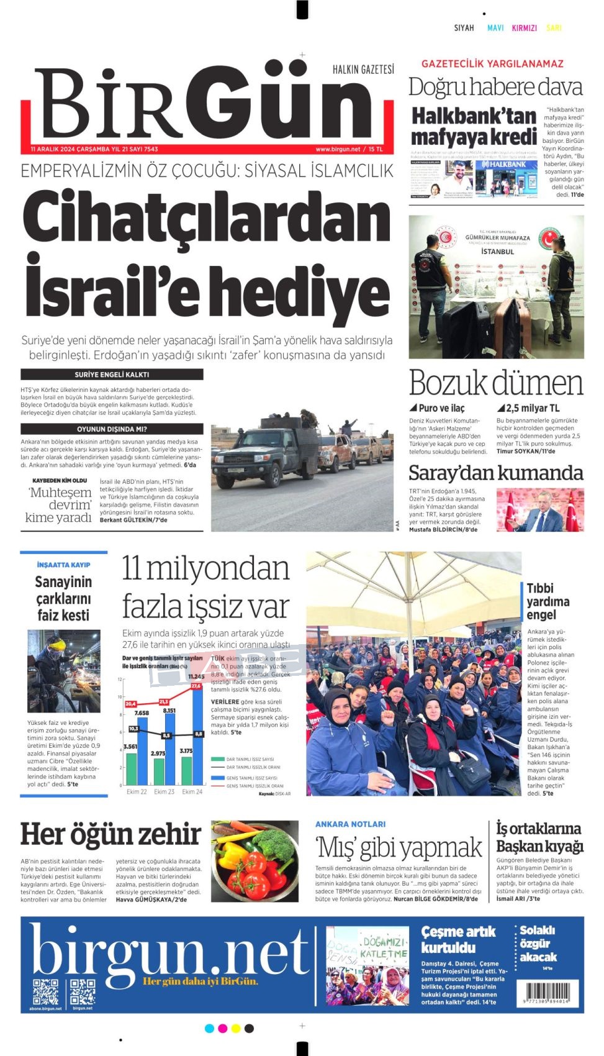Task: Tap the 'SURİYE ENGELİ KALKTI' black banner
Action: (112, 375)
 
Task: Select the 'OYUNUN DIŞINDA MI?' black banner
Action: (112, 429)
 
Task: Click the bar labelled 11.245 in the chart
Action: (197, 733)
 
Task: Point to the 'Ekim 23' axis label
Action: (164, 792)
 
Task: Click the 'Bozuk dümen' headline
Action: (495, 383)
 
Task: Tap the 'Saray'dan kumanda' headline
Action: (495, 473)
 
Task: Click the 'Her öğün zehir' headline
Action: (110, 834)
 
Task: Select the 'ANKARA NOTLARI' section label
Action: (350, 824)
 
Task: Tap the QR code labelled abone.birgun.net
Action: (45, 991)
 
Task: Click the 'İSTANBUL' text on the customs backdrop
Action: (498, 252)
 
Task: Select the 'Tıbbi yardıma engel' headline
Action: (548, 601)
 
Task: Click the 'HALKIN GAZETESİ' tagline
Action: (363, 70)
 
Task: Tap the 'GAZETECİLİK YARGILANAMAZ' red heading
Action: (492, 63)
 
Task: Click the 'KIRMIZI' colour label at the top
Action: (524, 28)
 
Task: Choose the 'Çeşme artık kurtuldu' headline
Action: (458, 939)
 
